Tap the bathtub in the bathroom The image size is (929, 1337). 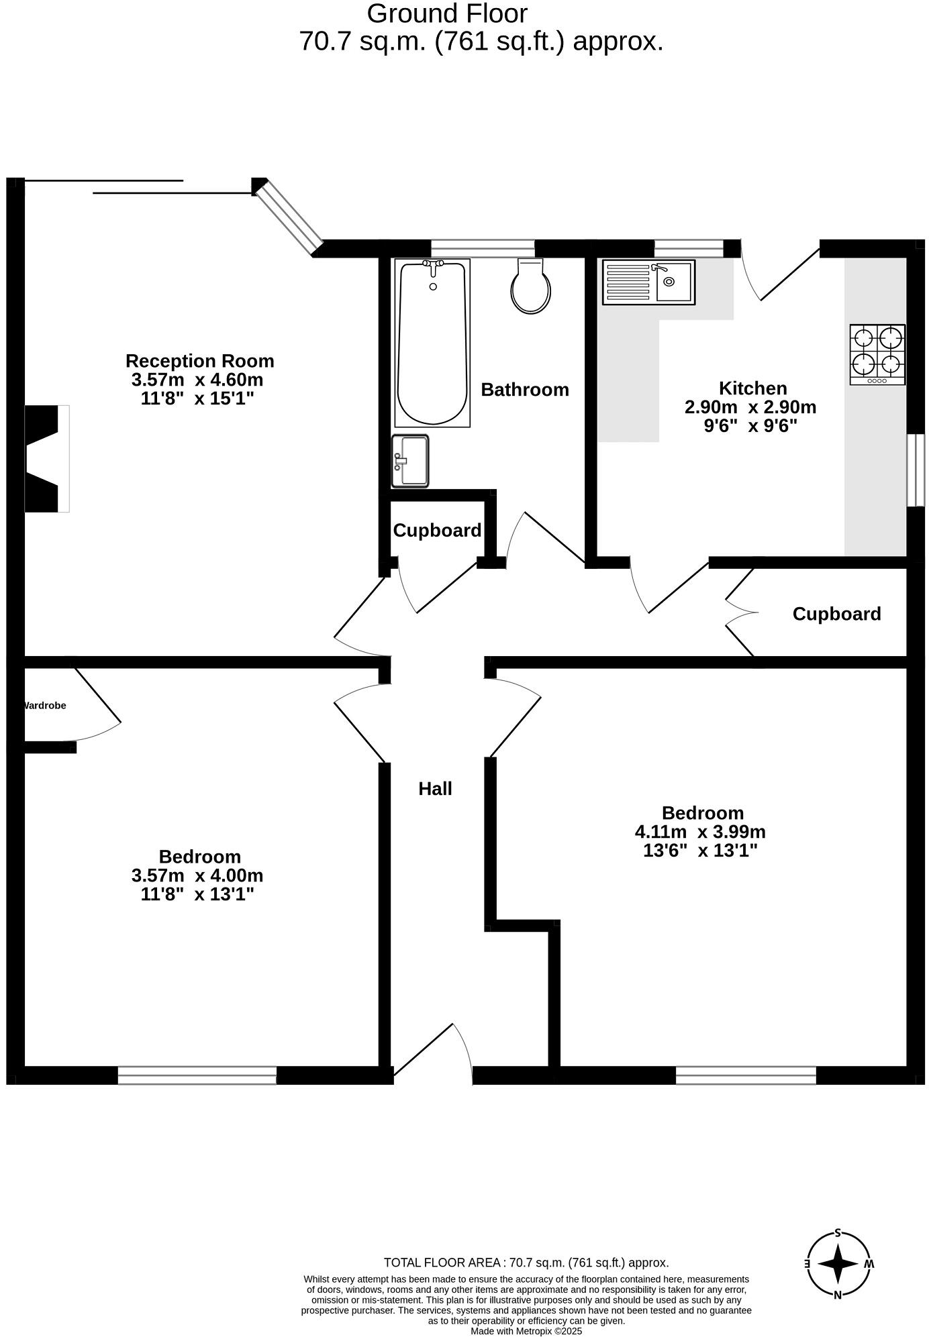point(432,343)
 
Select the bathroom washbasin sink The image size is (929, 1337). point(410,461)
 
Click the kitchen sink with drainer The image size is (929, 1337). point(648,282)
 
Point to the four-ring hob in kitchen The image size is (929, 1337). point(877,354)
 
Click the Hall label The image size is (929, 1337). point(435,789)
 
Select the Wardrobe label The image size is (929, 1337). point(44,706)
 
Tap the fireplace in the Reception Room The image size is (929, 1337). point(47,459)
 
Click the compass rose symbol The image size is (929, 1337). point(838,1264)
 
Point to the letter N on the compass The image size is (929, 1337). point(838,1295)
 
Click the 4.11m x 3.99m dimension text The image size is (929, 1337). point(700,832)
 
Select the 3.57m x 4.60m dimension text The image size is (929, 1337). point(197,380)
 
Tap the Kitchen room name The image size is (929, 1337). point(752,388)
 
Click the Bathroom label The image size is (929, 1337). point(524,390)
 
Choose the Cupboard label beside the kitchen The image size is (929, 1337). point(836,614)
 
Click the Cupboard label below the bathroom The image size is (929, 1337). point(437,531)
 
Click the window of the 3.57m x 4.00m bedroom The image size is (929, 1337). point(197,1075)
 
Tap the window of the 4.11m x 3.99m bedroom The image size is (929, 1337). point(745,1075)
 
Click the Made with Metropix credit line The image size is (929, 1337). point(526,1331)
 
